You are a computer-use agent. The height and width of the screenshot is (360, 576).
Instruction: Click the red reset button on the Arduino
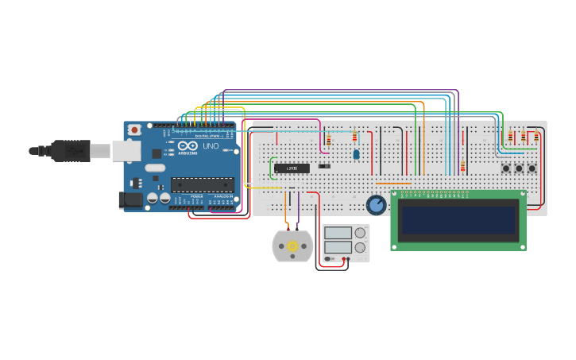point(135,130)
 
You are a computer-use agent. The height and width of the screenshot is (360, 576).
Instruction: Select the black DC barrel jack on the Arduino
point(130,199)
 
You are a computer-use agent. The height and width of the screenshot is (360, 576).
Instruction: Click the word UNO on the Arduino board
point(211,146)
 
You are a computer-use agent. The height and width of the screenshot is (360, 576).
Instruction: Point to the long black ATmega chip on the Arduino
point(202,185)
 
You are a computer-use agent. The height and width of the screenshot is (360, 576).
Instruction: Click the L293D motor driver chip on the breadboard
point(292,168)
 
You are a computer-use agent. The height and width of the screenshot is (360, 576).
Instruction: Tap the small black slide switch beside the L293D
point(324,166)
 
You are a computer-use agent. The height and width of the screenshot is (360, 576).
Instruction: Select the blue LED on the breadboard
point(356,154)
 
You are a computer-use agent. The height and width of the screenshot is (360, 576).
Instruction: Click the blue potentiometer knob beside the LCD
point(376,205)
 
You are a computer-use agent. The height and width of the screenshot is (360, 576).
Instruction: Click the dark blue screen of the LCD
point(458,219)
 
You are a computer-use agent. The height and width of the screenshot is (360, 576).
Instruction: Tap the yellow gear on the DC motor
point(292,246)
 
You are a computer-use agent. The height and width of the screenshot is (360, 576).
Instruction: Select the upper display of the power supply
point(338,233)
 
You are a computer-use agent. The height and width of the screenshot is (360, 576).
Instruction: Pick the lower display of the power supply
point(338,247)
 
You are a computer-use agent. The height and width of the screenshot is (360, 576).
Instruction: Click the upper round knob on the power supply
point(360,233)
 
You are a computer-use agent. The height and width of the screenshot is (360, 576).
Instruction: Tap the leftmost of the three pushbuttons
point(505,168)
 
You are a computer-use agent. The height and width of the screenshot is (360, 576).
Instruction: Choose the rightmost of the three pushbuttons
point(532,168)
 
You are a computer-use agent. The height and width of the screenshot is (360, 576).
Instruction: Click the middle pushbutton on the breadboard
point(519,168)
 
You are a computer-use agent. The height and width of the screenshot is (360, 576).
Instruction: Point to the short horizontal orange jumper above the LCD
point(393,184)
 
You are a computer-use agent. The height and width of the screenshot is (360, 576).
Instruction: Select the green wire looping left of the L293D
point(270,168)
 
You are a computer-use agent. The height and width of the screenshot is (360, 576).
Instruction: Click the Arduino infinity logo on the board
point(188,146)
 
